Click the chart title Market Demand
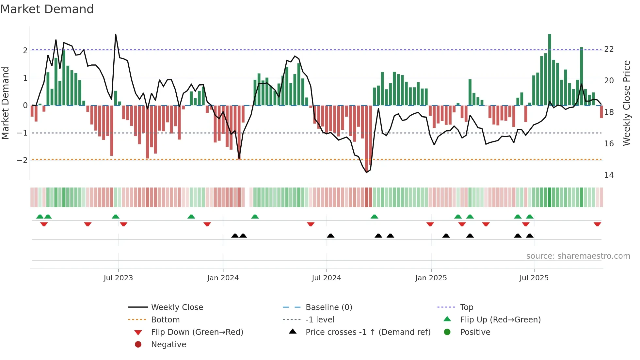(x=47, y=9)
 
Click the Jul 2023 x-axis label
(x=118, y=278)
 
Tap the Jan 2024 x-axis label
(x=223, y=278)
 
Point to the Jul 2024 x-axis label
(x=326, y=278)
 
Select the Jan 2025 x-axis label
(x=431, y=278)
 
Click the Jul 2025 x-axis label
(x=534, y=278)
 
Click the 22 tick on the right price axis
(x=609, y=49)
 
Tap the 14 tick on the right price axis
(x=609, y=175)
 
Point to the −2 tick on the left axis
(x=22, y=160)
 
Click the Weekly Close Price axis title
(x=626, y=103)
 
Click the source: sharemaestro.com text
(x=578, y=256)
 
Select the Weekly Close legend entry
(x=177, y=307)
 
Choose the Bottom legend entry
(x=165, y=320)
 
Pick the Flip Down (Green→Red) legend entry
(x=197, y=332)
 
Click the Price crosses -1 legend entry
(x=368, y=332)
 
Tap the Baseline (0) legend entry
(x=328, y=307)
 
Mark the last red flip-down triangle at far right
(x=597, y=224)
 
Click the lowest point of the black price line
(x=366, y=172)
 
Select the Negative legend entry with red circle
(x=168, y=345)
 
